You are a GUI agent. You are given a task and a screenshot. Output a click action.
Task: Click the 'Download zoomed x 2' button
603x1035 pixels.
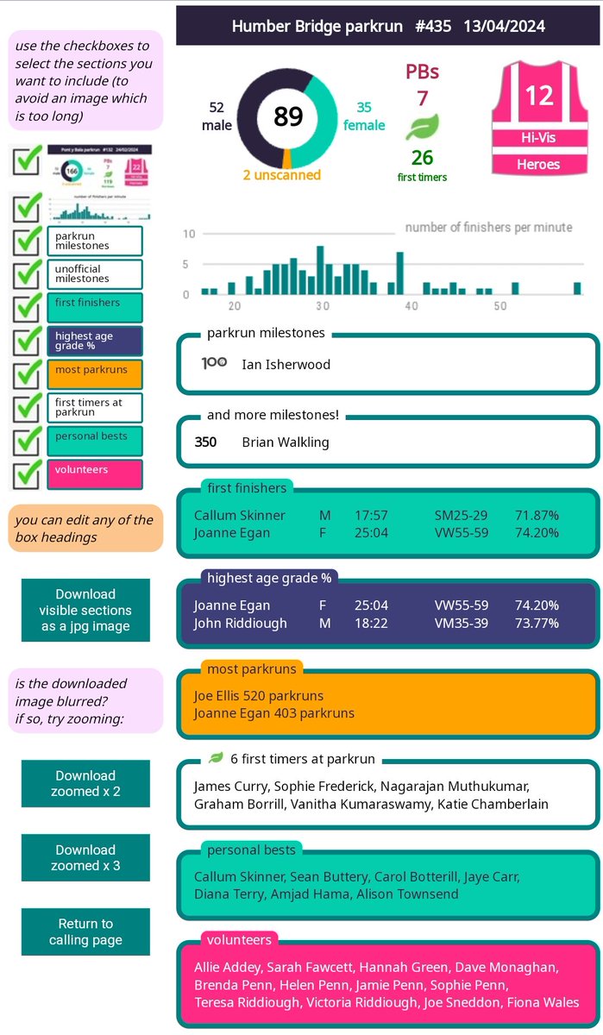point(85,783)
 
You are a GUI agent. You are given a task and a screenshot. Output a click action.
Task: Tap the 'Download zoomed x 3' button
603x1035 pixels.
point(85,857)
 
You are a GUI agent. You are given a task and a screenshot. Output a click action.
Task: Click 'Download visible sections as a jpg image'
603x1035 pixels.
point(85,610)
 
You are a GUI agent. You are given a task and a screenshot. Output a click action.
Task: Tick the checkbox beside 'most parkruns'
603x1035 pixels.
point(29,373)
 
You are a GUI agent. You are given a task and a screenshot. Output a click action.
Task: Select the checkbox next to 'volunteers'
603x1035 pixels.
point(29,474)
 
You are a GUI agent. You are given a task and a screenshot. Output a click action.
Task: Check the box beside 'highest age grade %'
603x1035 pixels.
point(29,340)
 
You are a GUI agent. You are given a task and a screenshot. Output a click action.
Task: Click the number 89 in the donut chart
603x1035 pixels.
point(288,116)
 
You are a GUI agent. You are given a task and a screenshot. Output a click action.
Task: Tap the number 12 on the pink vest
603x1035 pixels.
point(538,95)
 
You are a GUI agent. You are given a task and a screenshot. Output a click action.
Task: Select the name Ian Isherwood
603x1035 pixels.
point(286,364)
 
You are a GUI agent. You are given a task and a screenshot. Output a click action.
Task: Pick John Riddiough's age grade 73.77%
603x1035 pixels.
point(537,623)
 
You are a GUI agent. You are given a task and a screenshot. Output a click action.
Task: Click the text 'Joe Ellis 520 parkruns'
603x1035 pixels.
point(258,695)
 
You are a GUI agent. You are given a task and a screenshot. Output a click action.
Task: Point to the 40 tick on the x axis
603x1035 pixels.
point(411,306)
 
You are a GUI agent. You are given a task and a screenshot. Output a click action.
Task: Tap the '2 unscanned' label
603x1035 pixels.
point(281,175)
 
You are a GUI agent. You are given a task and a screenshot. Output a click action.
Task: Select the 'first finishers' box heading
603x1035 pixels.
point(247,488)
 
